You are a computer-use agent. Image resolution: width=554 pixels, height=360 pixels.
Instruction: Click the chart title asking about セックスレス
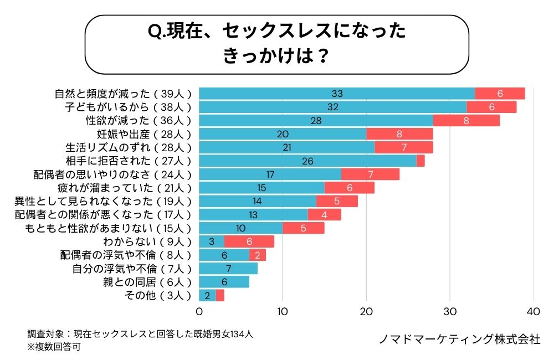[277, 44]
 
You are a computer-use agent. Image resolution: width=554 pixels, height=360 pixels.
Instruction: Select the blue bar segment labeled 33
[337, 94]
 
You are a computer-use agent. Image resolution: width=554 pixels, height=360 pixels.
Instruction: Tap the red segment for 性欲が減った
[466, 120]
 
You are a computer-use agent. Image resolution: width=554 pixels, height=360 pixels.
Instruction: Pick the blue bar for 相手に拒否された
[307, 161]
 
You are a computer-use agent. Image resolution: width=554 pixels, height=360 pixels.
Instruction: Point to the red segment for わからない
[249, 241]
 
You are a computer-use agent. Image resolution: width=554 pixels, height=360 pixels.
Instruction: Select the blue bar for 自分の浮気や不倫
[228, 269]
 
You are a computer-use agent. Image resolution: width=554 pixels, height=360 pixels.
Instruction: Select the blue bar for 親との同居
[224, 282]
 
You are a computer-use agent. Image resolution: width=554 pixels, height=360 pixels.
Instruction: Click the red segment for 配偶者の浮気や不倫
[258, 255]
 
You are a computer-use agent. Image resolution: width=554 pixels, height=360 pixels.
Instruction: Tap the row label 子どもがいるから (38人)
[129, 107]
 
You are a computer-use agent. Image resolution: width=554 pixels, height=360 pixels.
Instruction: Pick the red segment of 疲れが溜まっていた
[350, 188]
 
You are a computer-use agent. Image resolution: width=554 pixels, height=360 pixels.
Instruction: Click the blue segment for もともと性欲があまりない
[240, 228]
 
